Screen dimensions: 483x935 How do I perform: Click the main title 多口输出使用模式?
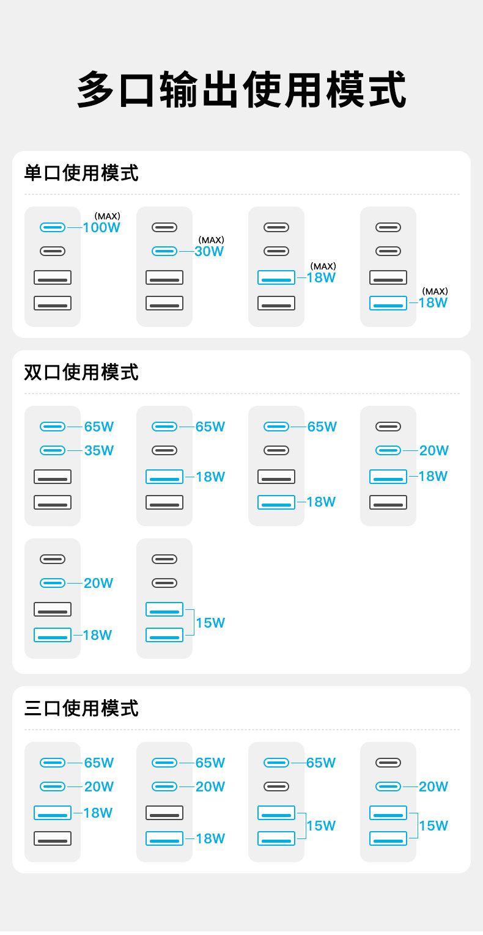point(242,89)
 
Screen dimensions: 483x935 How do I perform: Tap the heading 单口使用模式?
point(81,173)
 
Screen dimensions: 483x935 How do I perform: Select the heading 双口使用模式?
point(81,372)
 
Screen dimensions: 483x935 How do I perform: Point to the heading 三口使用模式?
point(81,708)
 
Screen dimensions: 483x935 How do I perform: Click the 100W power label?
point(101,228)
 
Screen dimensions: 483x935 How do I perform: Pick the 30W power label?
point(209,251)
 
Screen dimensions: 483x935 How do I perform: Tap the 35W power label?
point(99,450)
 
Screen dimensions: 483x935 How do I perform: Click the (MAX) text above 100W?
point(108,216)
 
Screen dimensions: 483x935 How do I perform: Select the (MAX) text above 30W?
point(211,240)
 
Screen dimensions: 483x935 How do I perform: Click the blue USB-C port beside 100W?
point(53,227)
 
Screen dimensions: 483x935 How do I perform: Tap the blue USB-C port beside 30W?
point(164,251)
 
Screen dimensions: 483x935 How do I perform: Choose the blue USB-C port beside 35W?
point(53,450)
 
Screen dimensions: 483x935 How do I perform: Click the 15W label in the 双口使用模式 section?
point(210,623)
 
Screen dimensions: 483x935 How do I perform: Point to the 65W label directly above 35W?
point(99,427)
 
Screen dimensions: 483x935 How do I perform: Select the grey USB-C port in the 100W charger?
point(53,251)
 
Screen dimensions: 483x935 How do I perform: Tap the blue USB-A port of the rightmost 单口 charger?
point(388,303)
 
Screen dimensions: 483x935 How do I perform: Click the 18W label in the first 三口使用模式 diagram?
point(98,813)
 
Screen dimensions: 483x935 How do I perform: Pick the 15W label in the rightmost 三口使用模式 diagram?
point(433,826)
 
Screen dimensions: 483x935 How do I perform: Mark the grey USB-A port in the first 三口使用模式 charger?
point(53,838)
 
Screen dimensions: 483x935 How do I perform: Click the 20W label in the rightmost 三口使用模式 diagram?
point(433,787)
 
